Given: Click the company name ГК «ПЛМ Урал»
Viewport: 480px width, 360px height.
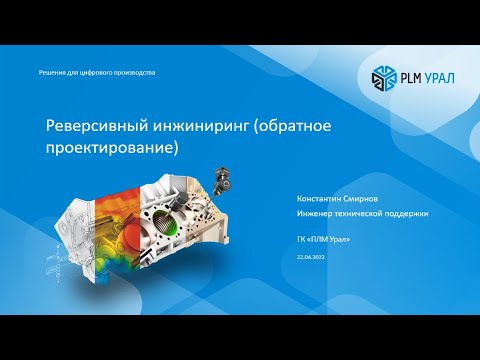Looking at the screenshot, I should click(x=325, y=240).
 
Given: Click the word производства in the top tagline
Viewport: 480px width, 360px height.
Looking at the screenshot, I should click(x=135, y=73).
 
